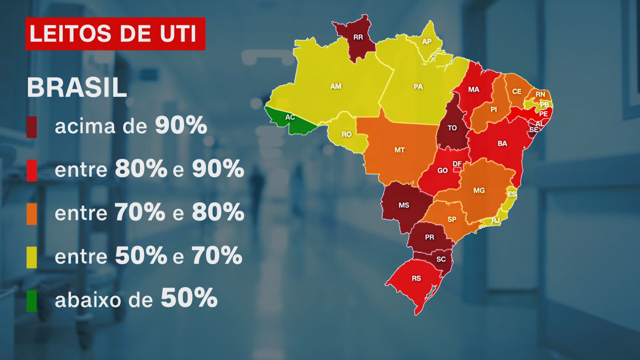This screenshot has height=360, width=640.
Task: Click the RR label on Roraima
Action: point(358,37)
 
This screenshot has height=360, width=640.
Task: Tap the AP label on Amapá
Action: point(427,42)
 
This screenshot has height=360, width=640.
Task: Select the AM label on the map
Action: point(336,86)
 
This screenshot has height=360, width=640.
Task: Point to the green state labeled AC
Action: point(290,117)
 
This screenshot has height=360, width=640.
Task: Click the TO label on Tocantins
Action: point(452,128)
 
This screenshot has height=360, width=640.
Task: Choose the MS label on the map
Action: point(404,205)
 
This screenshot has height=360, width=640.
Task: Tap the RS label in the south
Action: point(416,278)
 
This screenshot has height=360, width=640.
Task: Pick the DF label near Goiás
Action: point(457,164)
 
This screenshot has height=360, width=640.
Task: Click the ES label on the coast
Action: point(512,194)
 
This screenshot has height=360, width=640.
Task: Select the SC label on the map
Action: point(441,259)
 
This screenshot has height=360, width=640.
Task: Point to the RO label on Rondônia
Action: point(346,134)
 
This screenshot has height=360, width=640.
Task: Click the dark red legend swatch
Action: point(32,127)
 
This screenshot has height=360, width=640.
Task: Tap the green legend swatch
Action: point(32,301)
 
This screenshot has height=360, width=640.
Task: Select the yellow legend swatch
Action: point(32,257)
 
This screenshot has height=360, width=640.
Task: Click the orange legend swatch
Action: point(32,214)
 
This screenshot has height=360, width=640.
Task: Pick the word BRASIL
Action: point(77,88)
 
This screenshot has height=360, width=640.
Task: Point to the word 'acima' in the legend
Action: point(85,127)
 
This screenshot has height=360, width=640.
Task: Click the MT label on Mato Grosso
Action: point(399,150)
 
